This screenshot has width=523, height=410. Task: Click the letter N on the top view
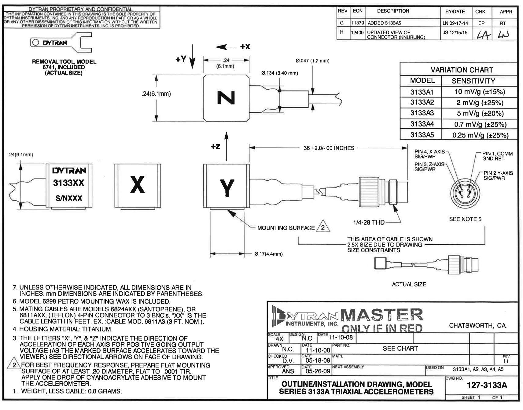(x=226, y=98)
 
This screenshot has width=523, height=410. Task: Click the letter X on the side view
(x=137, y=185)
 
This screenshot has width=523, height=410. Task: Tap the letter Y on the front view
(x=227, y=187)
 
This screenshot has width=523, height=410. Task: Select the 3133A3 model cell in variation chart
(x=422, y=113)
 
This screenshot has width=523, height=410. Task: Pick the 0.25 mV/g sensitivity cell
(x=480, y=135)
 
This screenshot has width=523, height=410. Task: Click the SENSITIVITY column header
(x=473, y=81)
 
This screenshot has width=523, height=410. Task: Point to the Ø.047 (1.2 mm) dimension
(x=312, y=61)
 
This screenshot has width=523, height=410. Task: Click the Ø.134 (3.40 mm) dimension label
(x=279, y=73)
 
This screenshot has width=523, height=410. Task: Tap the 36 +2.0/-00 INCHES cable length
(x=329, y=148)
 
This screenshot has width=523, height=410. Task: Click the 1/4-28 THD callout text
(x=369, y=222)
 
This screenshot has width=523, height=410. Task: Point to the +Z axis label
(x=215, y=147)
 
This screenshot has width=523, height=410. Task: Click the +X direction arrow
(x=226, y=47)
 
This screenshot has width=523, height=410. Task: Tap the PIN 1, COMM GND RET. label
(x=497, y=156)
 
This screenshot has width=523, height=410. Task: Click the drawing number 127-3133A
(x=487, y=385)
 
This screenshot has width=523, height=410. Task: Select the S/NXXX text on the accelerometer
(x=69, y=198)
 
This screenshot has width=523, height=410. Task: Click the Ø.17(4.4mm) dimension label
(x=268, y=254)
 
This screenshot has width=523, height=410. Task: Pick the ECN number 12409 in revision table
(x=357, y=32)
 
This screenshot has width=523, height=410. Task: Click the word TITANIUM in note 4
(x=98, y=329)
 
